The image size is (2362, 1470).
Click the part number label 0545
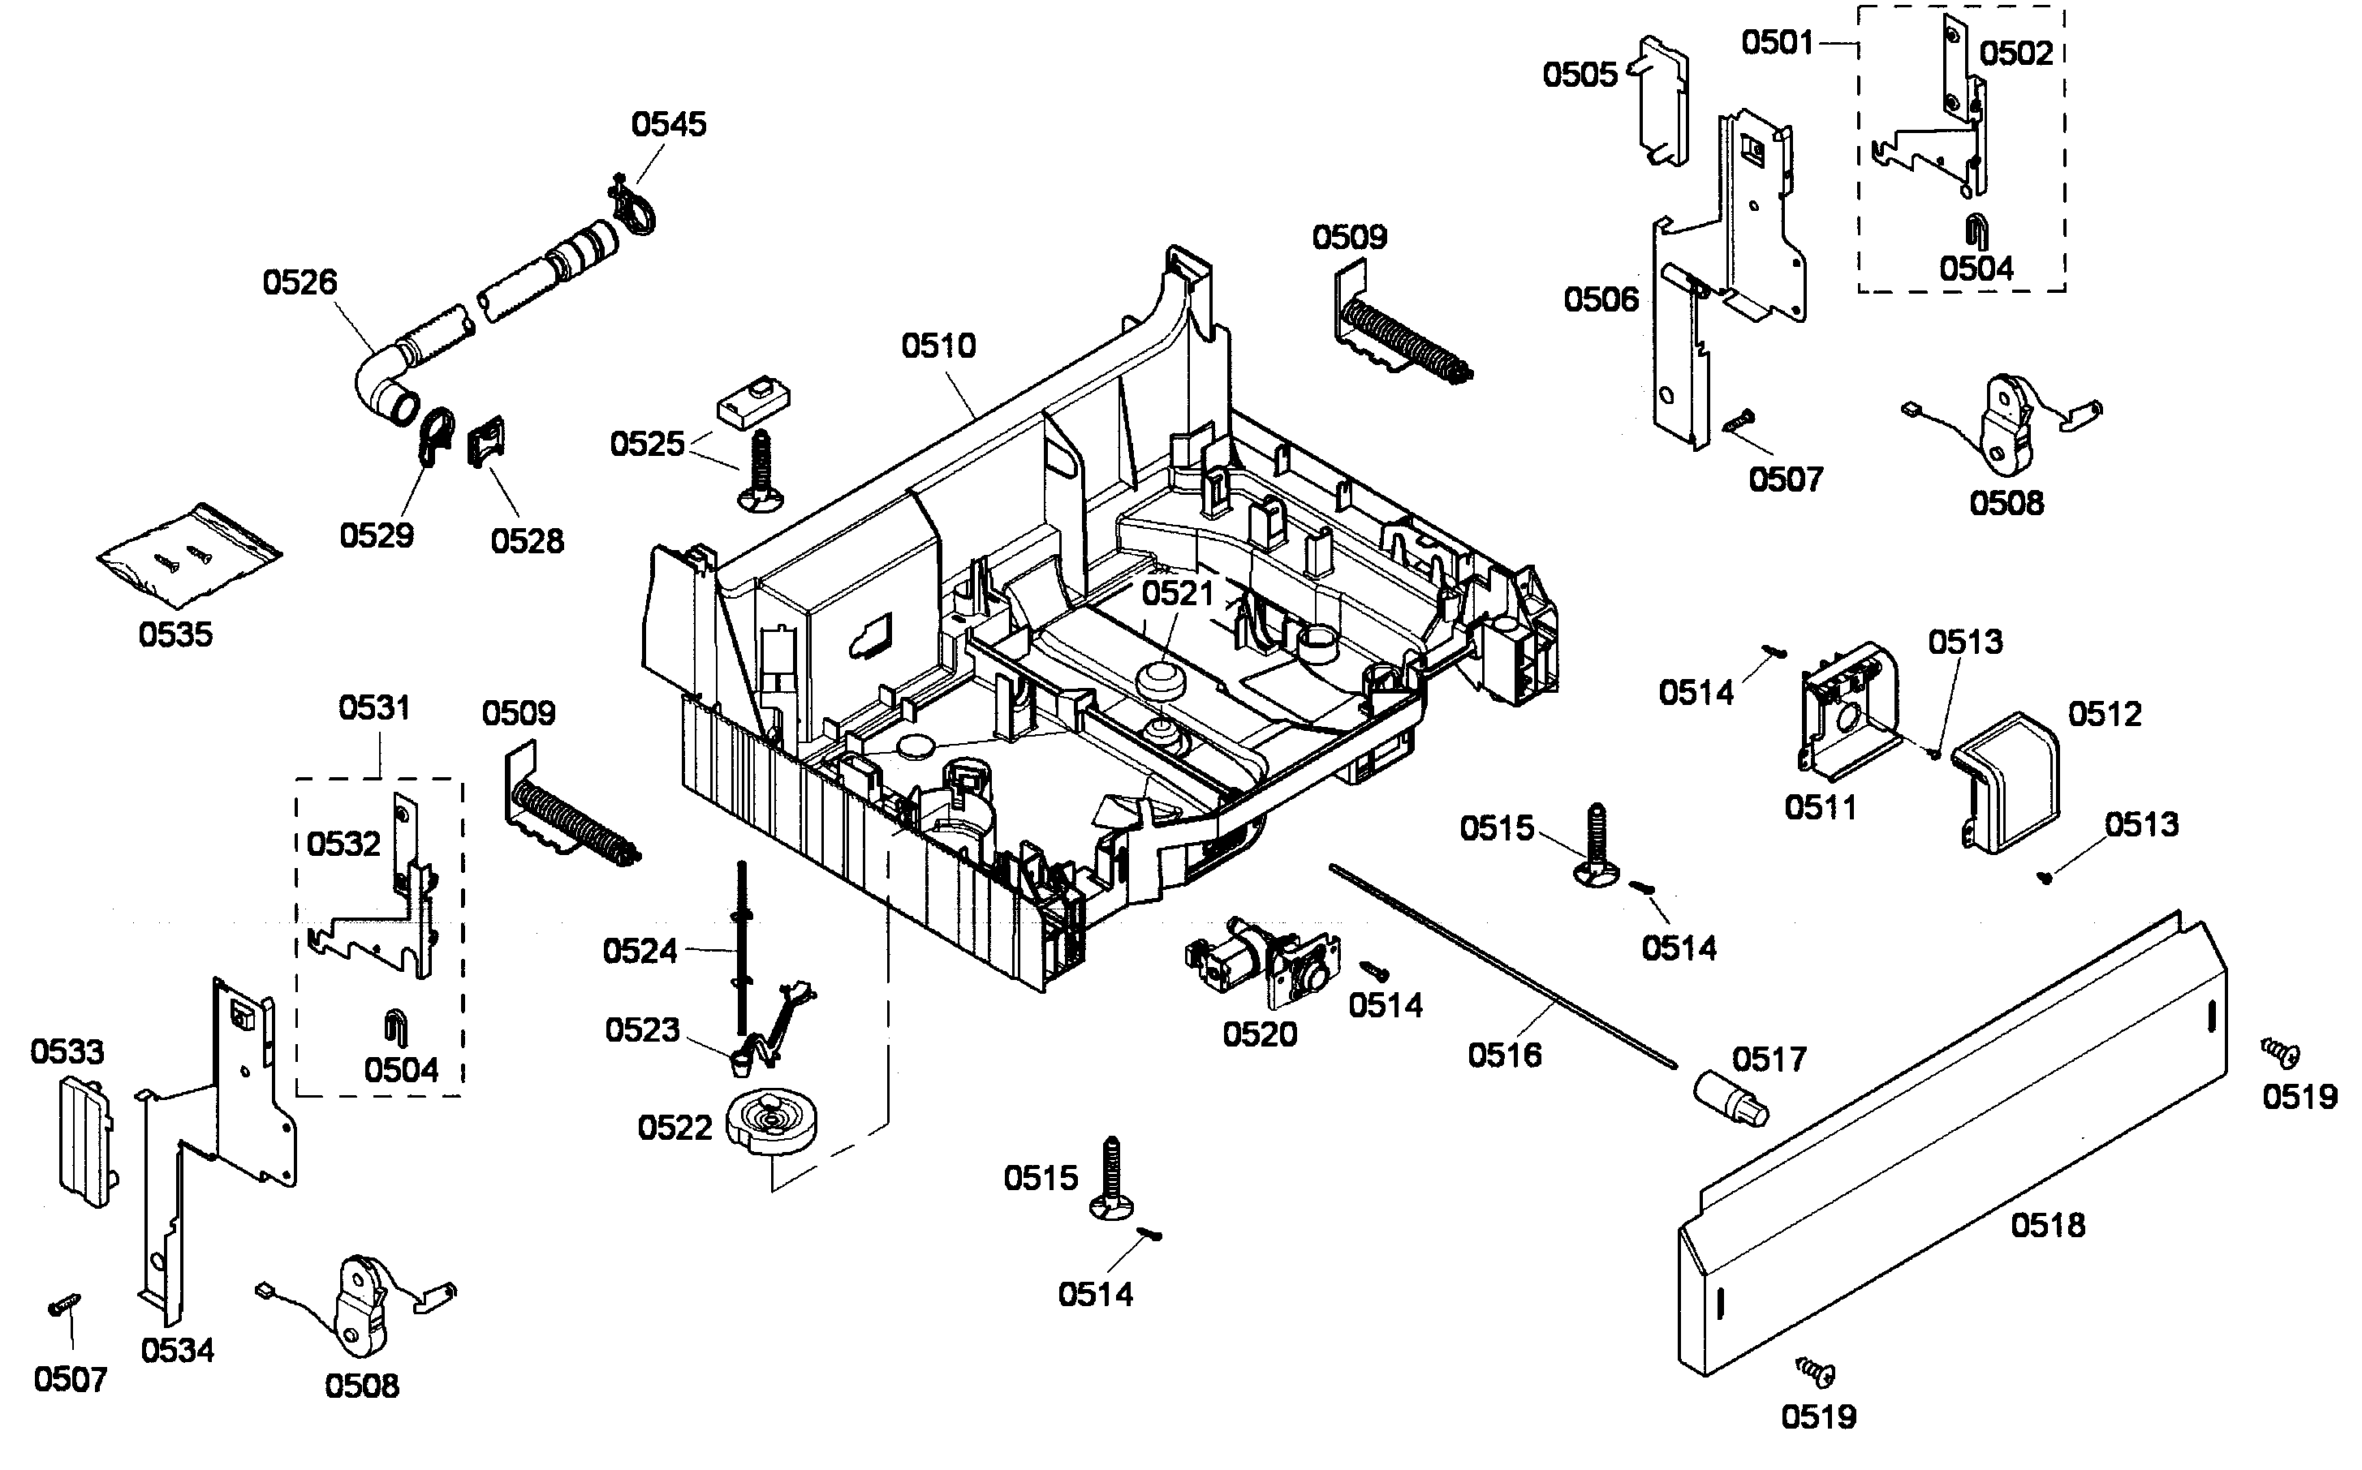[x=668, y=123]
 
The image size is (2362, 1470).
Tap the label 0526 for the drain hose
[x=300, y=282]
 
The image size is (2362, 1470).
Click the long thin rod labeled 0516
[x=1502, y=962]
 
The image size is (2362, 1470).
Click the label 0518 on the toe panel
[x=2048, y=1225]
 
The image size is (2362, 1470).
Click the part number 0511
[x=1821, y=807]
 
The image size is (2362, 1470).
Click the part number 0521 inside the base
[x=1177, y=593]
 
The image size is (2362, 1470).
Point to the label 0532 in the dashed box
[x=343, y=843]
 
